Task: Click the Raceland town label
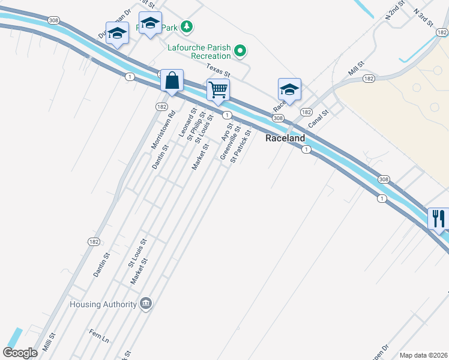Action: point(285,138)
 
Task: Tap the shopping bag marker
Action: point(172,81)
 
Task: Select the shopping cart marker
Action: point(218,90)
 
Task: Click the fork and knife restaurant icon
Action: point(438,218)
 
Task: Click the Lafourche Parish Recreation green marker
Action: point(240,51)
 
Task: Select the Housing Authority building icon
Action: point(145,304)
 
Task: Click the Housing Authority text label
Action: point(103,304)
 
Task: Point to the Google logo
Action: point(20,353)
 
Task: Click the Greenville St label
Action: point(231,143)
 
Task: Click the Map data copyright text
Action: point(424,355)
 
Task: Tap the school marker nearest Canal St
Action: point(289,90)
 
